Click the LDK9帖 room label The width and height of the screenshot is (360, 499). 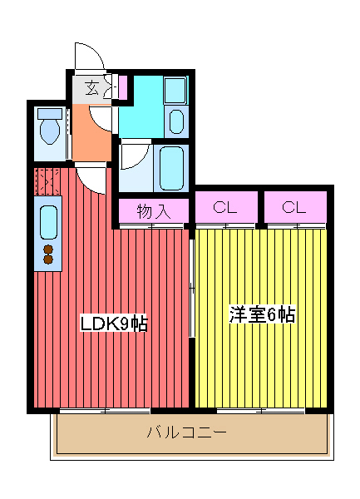click(x=113, y=324)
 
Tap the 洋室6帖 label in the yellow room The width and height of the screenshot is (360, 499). click(x=262, y=315)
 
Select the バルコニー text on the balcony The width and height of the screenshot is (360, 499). click(x=186, y=432)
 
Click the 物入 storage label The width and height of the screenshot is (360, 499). click(x=153, y=211)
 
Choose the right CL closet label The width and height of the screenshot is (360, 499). click(x=294, y=208)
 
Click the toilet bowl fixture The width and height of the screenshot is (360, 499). click(x=51, y=128)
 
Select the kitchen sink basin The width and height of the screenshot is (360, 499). click(x=47, y=223)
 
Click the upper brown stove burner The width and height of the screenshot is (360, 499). click(x=47, y=249)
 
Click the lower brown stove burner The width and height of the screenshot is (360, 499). click(x=47, y=259)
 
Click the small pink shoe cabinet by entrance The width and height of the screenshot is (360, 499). click(x=122, y=87)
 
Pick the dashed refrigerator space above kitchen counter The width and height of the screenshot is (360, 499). click(x=45, y=180)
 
